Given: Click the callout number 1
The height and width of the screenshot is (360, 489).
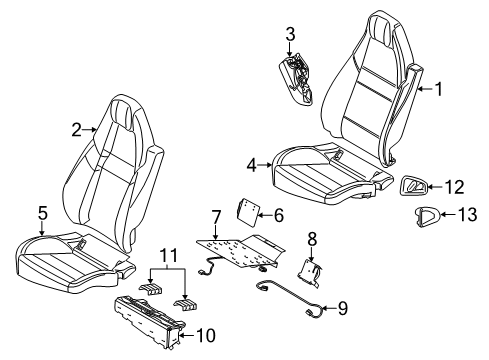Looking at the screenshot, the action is tap(439, 89).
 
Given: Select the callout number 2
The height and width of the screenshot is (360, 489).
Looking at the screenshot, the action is tap(76, 130).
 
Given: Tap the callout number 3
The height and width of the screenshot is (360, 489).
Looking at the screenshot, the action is tap(290, 34).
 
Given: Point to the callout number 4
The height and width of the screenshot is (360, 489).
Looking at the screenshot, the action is tap(252, 165).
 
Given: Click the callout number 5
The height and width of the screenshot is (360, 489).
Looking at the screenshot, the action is tap(42, 213).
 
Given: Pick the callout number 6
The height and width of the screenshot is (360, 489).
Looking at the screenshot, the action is tap(278, 215).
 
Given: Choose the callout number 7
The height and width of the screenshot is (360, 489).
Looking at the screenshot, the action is tap(216, 217).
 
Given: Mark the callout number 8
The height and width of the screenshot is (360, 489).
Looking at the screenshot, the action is tap(312, 239).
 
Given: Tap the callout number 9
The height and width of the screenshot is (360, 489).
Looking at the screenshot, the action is tap(343, 308).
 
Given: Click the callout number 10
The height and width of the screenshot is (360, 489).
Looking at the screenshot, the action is tap(206, 335).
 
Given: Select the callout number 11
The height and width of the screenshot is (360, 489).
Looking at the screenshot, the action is tap(169, 256).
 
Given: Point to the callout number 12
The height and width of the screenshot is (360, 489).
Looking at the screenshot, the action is tap(455, 187).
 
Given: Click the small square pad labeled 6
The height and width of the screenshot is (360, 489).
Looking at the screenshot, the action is tap(248, 210).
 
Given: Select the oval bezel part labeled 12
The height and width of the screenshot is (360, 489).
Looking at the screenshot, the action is tap(414, 185).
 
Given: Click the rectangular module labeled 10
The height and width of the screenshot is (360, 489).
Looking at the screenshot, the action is tap(149, 320).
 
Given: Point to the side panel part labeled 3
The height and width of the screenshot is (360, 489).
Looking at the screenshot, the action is tap(297, 79).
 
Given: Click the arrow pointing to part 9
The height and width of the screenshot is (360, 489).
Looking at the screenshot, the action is tap(329, 308).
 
